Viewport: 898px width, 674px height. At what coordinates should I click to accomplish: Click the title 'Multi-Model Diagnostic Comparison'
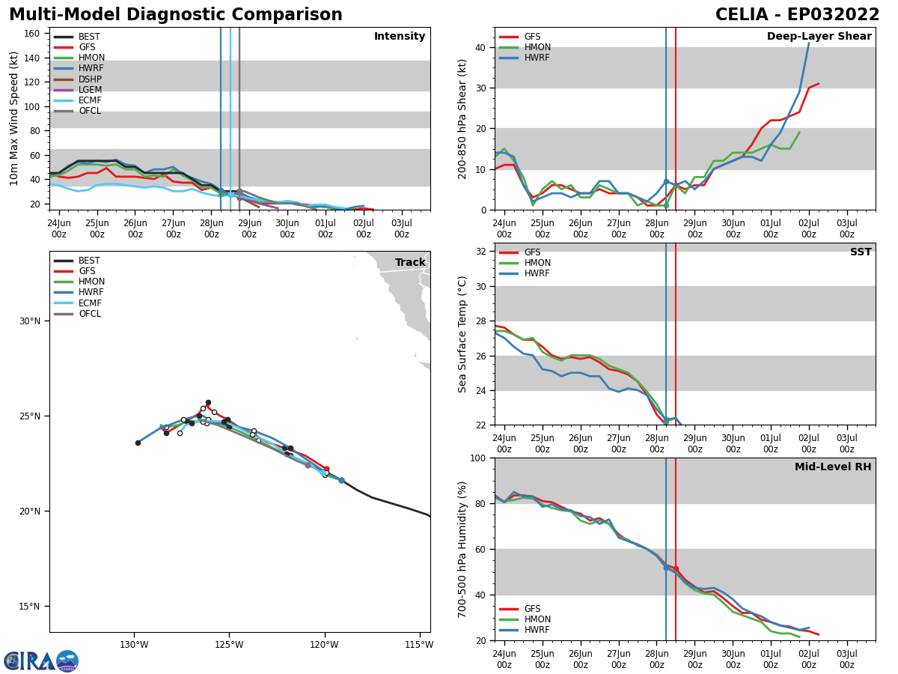[x=176, y=15]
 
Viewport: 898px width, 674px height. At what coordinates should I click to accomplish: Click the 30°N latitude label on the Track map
[x=29, y=321]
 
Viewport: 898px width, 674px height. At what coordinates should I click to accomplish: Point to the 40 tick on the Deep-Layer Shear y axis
[x=479, y=48]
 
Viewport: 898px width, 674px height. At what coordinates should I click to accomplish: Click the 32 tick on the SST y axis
[x=479, y=252]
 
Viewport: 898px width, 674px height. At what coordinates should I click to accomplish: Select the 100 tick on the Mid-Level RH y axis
[x=476, y=458]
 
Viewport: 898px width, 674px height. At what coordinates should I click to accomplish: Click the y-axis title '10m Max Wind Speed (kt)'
[x=14, y=118]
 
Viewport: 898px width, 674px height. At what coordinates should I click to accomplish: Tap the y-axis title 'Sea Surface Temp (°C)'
[x=462, y=334]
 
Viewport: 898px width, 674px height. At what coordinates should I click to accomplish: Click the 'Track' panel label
[x=410, y=263]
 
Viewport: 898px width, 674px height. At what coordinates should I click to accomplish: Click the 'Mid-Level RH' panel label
[x=833, y=467]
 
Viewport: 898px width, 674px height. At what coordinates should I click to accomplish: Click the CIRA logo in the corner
[x=41, y=661]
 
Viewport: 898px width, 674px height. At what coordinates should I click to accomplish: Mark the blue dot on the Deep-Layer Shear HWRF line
[x=666, y=181]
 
